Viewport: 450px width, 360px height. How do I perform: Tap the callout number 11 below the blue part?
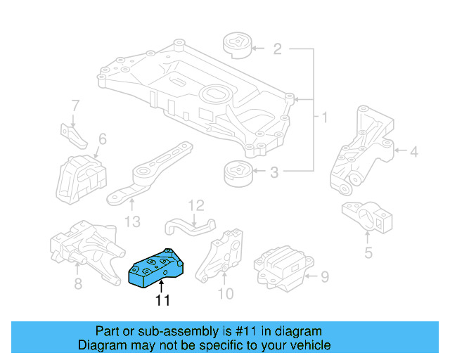pos(162,300)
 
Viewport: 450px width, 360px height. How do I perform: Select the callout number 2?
pos(277,49)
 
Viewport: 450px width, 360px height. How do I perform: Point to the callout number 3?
pos(274,171)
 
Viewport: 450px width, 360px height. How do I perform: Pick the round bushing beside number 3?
pos(236,174)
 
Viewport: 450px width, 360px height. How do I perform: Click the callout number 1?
pos(324,117)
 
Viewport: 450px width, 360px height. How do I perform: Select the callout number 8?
pos(77,283)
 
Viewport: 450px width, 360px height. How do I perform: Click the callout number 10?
pos(225,293)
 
